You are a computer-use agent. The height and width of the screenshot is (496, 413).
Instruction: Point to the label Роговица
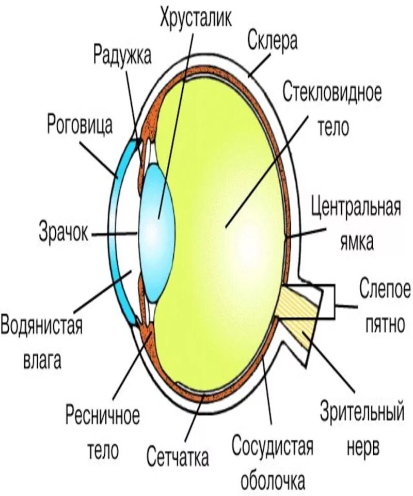(x=80, y=125)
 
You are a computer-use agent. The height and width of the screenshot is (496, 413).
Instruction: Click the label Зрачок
(x=63, y=233)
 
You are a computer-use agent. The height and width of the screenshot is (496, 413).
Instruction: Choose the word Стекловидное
(x=332, y=94)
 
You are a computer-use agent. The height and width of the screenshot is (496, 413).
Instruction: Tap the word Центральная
(x=356, y=208)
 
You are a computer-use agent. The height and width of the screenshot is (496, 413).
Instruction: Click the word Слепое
(x=385, y=288)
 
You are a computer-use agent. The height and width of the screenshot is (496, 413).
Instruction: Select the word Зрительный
(x=361, y=414)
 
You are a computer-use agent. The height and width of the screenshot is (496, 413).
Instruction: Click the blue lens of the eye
(x=157, y=233)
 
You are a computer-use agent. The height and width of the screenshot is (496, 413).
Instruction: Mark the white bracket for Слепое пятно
(x=328, y=301)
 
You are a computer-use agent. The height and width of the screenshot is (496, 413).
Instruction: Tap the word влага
(x=42, y=360)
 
